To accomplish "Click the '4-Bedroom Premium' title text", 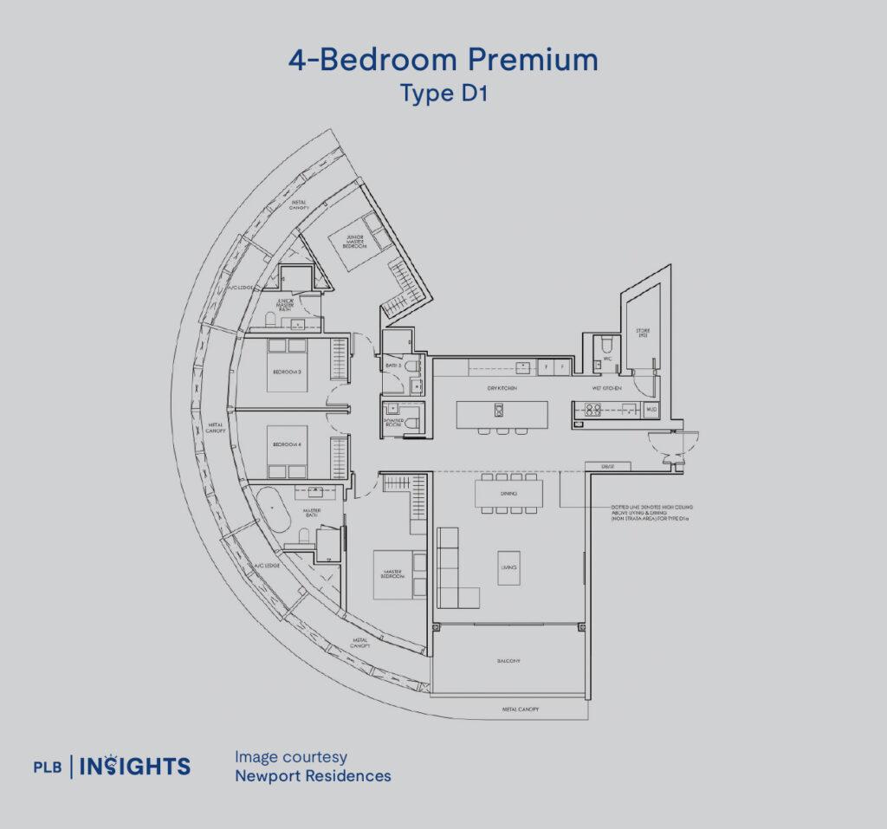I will click(x=443, y=60).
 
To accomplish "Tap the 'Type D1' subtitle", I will click(x=443, y=93).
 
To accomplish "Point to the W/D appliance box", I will click(x=651, y=408).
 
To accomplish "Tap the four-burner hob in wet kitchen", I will click(x=594, y=409).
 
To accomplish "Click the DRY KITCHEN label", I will click(x=502, y=388).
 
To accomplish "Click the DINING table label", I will click(x=508, y=494).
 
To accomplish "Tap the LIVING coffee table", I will click(x=508, y=567).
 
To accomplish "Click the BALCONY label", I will click(x=508, y=660).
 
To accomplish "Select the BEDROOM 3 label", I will click(x=287, y=372).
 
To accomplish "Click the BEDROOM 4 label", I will click(x=287, y=445).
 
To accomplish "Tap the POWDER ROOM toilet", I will click(x=414, y=423).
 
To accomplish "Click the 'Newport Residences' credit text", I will click(x=313, y=775).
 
